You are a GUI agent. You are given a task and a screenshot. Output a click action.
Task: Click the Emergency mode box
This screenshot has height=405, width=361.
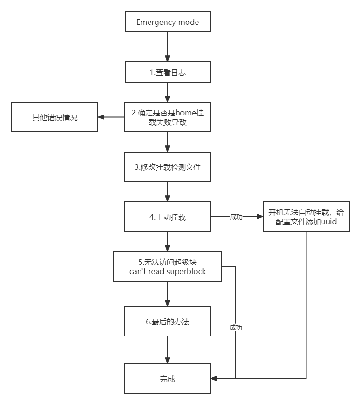click(167, 22)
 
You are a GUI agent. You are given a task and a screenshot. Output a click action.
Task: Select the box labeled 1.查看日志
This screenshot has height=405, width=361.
click(167, 72)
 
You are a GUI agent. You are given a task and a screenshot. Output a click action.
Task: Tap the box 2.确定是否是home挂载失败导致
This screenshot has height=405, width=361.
click(167, 117)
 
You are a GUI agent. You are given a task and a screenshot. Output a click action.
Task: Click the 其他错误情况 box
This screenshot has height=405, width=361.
click(55, 117)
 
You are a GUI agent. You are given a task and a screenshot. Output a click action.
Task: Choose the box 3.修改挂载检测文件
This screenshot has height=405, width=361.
click(167, 167)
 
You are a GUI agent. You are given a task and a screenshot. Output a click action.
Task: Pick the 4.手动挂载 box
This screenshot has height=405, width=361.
click(167, 217)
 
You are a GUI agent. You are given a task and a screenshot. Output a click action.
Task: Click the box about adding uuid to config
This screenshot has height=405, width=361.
click(306, 217)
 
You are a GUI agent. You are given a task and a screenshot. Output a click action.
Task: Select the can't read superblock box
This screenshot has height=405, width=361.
click(167, 267)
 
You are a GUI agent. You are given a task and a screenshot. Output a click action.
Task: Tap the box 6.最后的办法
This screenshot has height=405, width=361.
click(167, 321)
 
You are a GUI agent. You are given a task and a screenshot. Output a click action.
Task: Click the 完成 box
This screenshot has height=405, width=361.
click(167, 378)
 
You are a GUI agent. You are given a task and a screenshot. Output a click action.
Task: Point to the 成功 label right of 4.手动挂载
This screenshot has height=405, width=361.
click(236, 217)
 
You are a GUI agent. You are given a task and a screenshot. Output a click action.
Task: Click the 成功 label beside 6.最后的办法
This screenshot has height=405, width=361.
click(236, 328)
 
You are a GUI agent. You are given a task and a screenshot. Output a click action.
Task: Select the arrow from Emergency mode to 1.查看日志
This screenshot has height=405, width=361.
click(167, 47)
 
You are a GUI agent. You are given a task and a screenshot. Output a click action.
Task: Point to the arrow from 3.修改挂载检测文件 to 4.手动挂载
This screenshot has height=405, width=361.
click(167, 191)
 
